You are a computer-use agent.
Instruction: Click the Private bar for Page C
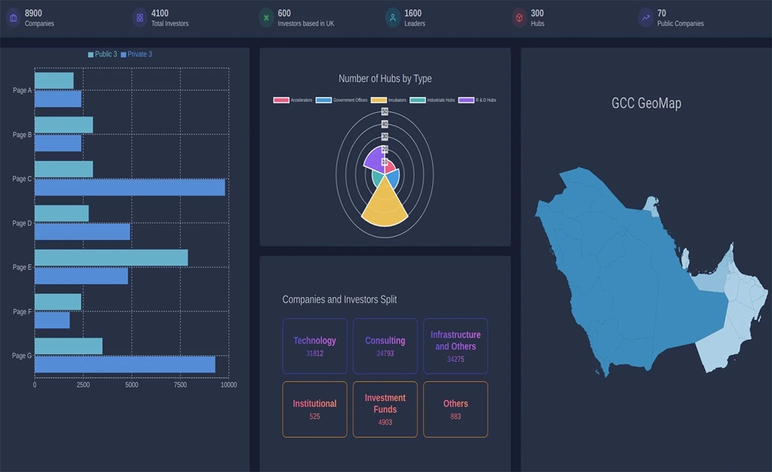pos(129,187)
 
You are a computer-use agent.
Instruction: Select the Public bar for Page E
pos(111,258)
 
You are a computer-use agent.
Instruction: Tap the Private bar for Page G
pos(125,364)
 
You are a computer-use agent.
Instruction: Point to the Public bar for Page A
pos(54,81)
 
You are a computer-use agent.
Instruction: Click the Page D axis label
pos(21,223)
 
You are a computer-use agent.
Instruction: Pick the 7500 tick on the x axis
pos(180,385)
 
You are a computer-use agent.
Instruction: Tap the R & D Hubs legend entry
pos(477,100)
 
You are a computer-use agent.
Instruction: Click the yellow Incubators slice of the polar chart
pos(385,204)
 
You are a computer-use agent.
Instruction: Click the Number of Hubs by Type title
pos(385,78)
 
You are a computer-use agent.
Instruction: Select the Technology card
pos(315,346)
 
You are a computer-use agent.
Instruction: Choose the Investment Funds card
pos(385,409)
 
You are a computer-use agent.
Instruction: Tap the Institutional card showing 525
pos(315,409)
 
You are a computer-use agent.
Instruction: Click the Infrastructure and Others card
pos(455,346)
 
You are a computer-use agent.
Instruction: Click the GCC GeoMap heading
pos(646,103)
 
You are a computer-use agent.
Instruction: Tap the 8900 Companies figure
pos(34,13)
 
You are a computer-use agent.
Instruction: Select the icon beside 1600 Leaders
pos(392,17)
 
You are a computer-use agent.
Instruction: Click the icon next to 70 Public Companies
pos(645,17)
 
